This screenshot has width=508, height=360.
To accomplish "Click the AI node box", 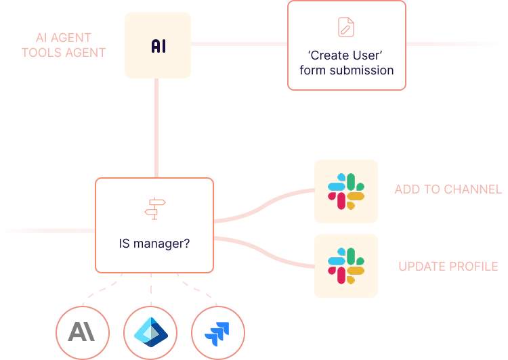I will (x=158, y=45).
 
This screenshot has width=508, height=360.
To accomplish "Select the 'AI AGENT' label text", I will (x=64, y=37).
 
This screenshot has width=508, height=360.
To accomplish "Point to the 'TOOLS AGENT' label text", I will (x=64, y=52).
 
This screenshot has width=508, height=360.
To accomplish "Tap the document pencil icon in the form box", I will (x=346, y=27).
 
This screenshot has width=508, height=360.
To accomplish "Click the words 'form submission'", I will (x=346, y=70).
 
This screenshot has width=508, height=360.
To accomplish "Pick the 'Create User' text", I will (x=346, y=55).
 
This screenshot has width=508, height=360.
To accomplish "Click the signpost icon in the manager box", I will (x=154, y=208).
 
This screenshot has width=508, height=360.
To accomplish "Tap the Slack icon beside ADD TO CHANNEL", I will (x=346, y=191).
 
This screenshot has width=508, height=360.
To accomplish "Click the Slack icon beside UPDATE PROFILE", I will (x=346, y=266).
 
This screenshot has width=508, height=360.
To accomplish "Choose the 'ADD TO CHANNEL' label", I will (x=448, y=189).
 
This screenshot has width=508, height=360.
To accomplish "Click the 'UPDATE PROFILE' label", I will (x=448, y=266).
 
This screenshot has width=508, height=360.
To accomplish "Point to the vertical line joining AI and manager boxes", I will (x=156, y=129).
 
